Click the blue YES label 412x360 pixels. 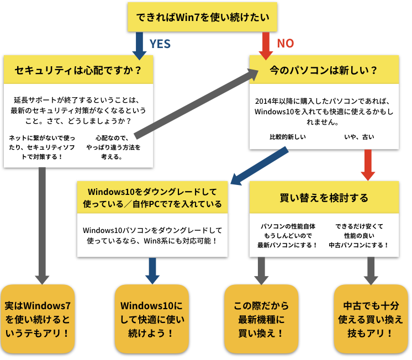click(x=160, y=44)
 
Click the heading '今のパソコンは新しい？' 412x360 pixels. click(x=324, y=71)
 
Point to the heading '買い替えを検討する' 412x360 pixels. click(x=324, y=197)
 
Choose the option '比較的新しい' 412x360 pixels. click(x=287, y=136)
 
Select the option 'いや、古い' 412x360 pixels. click(x=358, y=136)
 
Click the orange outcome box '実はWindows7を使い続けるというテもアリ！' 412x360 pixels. click(x=37, y=319)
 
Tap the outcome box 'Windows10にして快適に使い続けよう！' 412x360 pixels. click(x=151, y=319)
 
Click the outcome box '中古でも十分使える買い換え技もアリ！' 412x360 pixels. click(x=371, y=319)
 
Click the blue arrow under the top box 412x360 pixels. click(x=139, y=44)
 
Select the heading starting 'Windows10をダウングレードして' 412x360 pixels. click(x=152, y=197)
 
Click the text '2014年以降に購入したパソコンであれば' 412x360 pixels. click(x=324, y=102)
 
